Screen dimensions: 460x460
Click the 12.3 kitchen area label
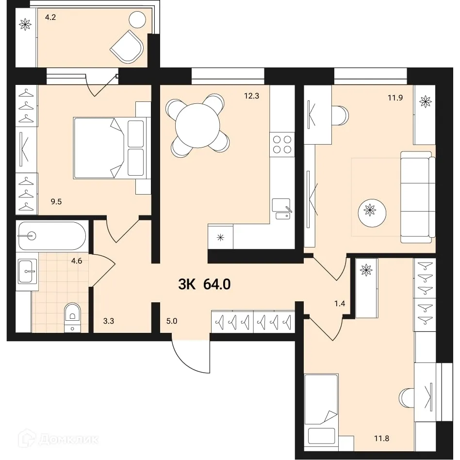(x=252, y=96)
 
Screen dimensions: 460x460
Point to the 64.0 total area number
(x=217, y=284)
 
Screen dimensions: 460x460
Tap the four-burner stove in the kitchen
(x=282, y=145)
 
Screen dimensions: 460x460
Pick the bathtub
(x=51, y=236)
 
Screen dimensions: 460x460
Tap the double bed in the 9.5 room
(x=109, y=148)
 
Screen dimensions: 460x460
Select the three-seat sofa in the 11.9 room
(x=416, y=197)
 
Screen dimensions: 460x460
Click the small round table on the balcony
(x=137, y=20)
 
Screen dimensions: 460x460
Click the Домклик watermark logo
(x=58, y=440)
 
